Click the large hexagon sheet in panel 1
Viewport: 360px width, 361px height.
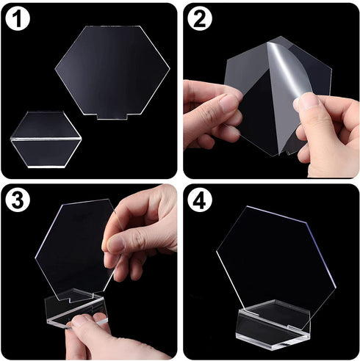(x=112, y=70)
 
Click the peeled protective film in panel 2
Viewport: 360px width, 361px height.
(x=287, y=70)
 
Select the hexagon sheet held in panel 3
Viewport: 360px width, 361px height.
(x=73, y=246)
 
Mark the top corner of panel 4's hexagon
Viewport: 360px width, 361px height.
(x=246, y=208)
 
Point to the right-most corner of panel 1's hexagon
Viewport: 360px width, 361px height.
(x=170, y=70)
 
